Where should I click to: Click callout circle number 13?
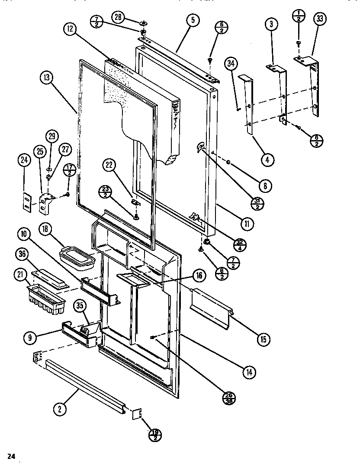coord(47,78)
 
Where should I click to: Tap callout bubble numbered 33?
coord(321,19)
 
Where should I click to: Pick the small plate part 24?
coord(27,202)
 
